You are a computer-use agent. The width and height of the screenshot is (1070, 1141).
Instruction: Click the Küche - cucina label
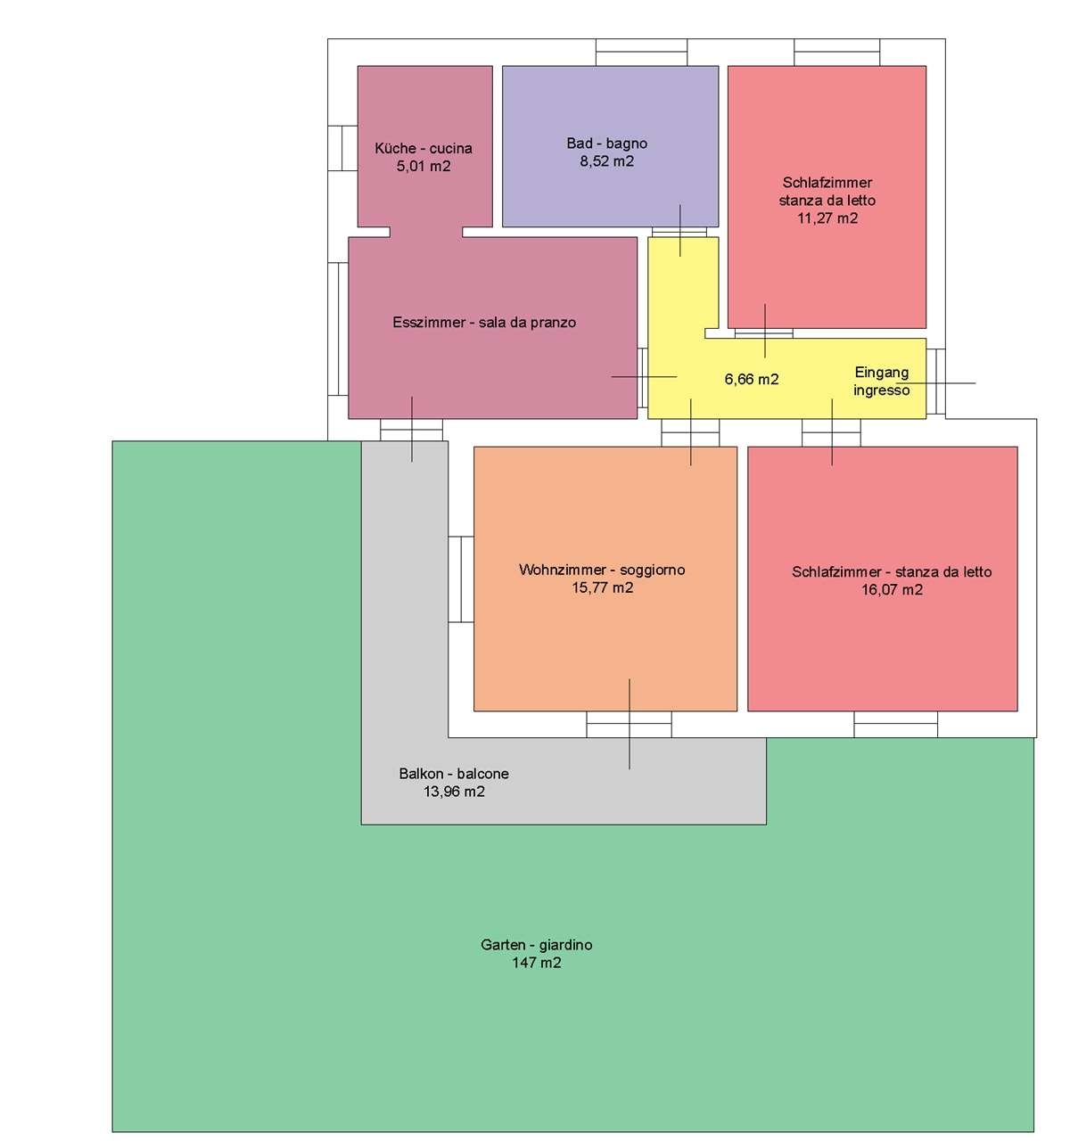pyautogui.click(x=424, y=148)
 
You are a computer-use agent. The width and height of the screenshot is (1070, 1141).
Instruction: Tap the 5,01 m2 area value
pyautogui.click(x=424, y=167)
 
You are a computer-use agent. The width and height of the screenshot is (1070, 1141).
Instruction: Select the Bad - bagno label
pyautogui.click(x=606, y=144)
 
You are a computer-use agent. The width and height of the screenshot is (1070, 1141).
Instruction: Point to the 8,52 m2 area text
pyautogui.click(x=606, y=161)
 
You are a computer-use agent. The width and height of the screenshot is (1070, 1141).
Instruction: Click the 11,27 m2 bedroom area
pyautogui.click(x=827, y=218)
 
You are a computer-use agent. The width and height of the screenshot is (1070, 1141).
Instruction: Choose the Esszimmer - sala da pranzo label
pyautogui.click(x=484, y=323)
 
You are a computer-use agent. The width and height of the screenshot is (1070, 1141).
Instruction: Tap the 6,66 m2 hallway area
pyautogui.click(x=752, y=379)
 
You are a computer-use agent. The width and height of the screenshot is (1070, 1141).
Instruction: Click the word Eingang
pyautogui.click(x=882, y=373)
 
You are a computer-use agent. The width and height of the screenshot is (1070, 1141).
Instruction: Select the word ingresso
pyautogui.click(x=882, y=390)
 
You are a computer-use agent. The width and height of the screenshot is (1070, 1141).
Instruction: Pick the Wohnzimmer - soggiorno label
pyautogui.click(x=602, y=570)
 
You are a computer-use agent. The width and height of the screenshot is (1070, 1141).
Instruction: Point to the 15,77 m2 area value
pyautogui.click(x=602, y=587)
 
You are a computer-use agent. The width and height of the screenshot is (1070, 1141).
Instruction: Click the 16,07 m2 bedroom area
pyautogui.click(x=892, y=590)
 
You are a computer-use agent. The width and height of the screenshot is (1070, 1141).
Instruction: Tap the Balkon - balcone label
pyautogui.click(x=454, y=774)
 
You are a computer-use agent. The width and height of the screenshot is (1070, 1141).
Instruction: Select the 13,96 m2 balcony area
pyautogui.click(x=454, y=792)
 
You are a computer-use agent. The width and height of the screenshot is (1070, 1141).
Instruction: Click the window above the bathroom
pyautogui.click(x=641, y=53)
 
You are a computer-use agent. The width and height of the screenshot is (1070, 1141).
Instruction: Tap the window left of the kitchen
pyautogui.click(x=342, y=148)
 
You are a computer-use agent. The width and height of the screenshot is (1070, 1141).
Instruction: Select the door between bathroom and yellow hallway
pyautogui.click(x=679, y=232)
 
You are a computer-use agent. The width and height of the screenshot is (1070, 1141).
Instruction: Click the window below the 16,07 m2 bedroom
pyautogui.click(x=895, y=724)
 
